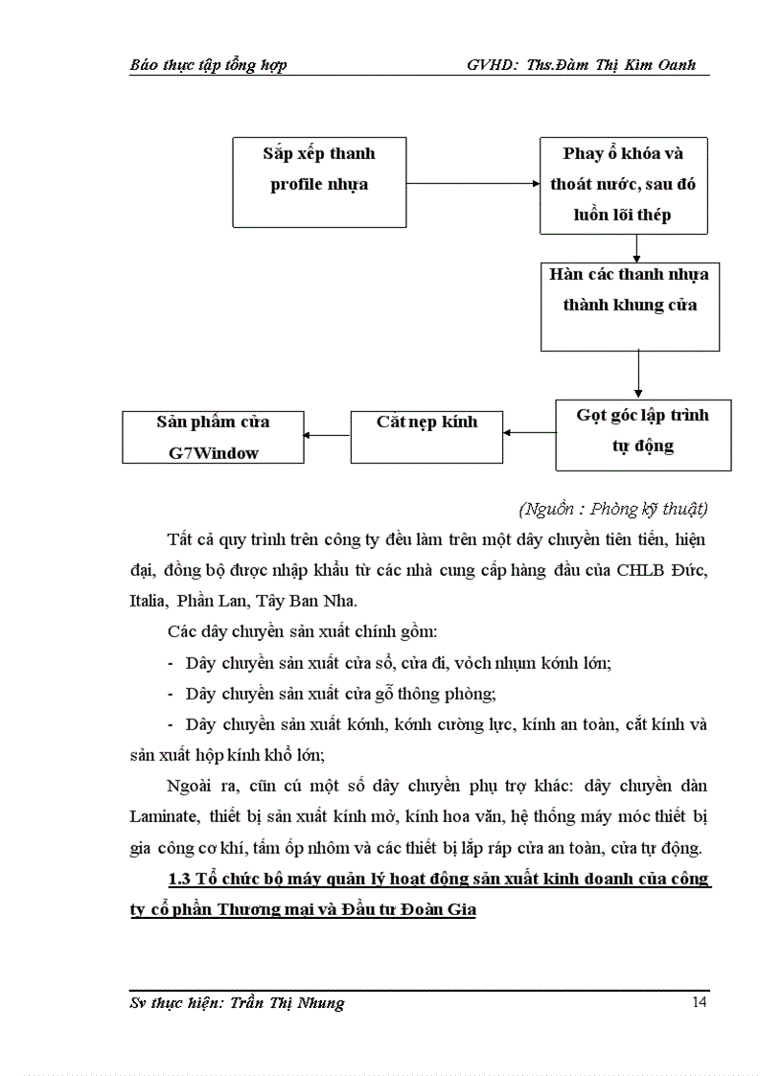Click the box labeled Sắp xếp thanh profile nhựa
click(318, 181)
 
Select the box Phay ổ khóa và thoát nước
click(623, 185)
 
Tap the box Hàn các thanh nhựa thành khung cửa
click(630, 306)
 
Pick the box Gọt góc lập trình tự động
click(642, 434)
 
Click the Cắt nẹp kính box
click(426, 435)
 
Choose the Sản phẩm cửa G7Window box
click(213, 437)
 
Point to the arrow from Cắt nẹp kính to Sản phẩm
click(327, 435)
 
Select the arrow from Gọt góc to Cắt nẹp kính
click(529, 434)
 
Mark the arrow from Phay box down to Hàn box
click(636, 248)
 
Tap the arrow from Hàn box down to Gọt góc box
click(638, 375)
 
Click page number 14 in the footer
click(699, 1003)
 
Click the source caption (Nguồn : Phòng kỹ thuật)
click(612, 508)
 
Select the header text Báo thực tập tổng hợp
click(208, 65)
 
